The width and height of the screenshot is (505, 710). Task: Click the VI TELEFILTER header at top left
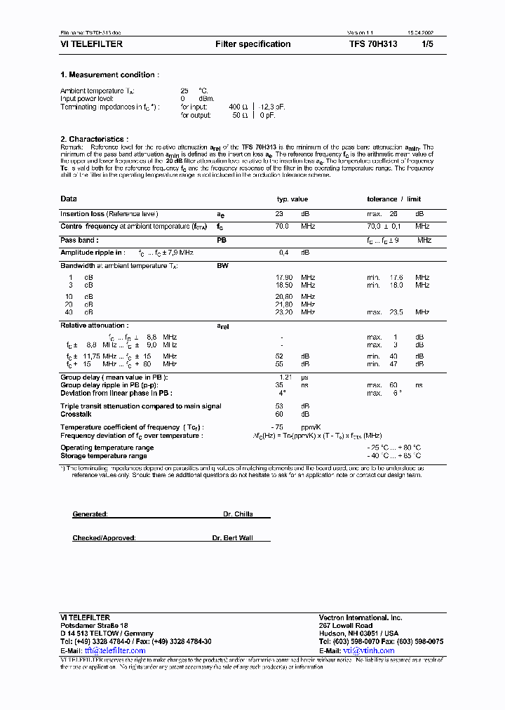tap(91, 44)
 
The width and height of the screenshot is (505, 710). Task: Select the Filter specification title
tap(252, 44)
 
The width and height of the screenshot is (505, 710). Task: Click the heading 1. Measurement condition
tap(109, 74)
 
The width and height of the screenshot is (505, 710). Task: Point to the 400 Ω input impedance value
tap(238, 106)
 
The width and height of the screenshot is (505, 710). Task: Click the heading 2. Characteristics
tap(94, 139)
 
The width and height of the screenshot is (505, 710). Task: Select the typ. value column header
tap(292, 199)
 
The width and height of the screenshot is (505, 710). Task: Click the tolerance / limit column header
tap(393, 199)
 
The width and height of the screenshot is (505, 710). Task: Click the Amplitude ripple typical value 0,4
tap(284, 252)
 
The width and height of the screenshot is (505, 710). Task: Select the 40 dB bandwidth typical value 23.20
tap(283, 312)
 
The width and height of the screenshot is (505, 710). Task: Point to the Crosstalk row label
tap(75, 414)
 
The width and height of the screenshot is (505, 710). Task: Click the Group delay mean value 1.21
tap(283, 377)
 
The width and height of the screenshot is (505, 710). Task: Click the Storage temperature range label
tap(104, 455)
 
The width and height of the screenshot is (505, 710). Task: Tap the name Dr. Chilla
tap(237, 514)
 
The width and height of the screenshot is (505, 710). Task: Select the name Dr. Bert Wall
tap(232, 538)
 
